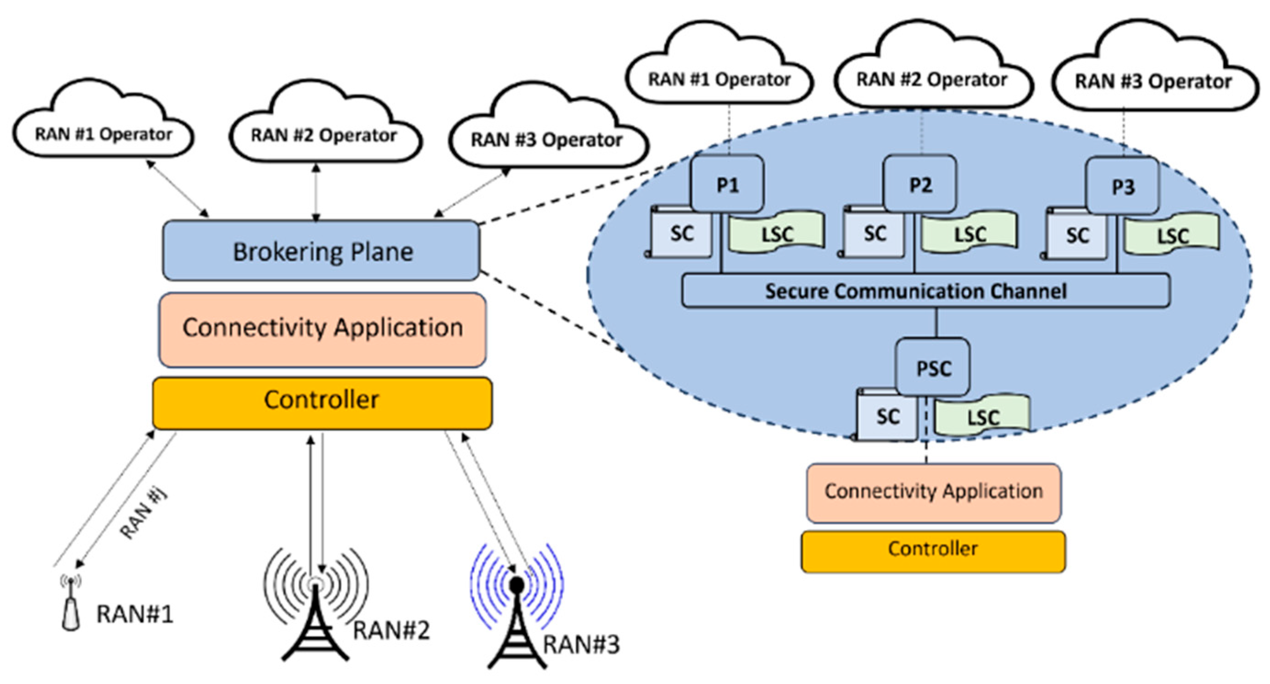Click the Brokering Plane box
click(321, 251)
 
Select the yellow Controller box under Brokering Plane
click(322, 403)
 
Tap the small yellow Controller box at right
click(933, 551)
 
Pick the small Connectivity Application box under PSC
click(933, 492)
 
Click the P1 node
click(727, 184)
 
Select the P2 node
click(920, 184)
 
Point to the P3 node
click(1123, 186)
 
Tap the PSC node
click(933, 367)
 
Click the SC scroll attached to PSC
click(887, 416)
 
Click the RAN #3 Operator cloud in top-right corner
click(1153, 74)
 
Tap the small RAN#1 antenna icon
click(71, 604)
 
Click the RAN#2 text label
click(391, 630)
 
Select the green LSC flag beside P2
click(969, 232)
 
